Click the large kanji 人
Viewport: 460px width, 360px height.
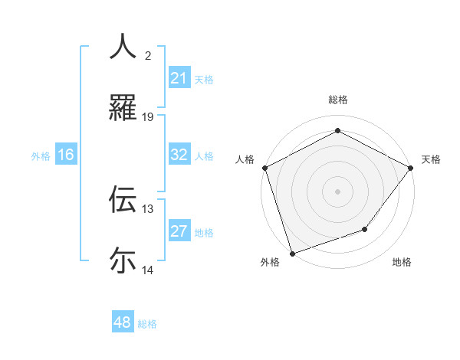(123, 47)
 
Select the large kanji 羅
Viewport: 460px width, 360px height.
(123, 109)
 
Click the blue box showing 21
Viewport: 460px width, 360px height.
(179, 78)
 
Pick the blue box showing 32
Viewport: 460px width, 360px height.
(179, 155)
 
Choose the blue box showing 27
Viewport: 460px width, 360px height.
(179, 231)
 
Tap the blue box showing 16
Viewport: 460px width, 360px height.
(65, 155)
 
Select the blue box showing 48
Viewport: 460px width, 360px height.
(122, 322)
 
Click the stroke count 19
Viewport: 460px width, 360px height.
(148, 117)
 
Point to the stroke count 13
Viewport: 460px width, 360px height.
(148, 208)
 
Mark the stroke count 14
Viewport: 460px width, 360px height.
(148, 270)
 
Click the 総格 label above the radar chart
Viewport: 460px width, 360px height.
(337, 100)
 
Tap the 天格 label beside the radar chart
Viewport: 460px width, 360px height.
(431, 159)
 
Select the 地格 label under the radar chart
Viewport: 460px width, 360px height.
(402, 263)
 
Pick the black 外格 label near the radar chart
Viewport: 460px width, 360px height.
(270, 263)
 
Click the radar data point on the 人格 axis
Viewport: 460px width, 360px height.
(264, 168)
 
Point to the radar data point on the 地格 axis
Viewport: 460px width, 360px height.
(365, 229)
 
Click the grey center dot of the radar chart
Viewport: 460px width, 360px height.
(337, 191)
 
